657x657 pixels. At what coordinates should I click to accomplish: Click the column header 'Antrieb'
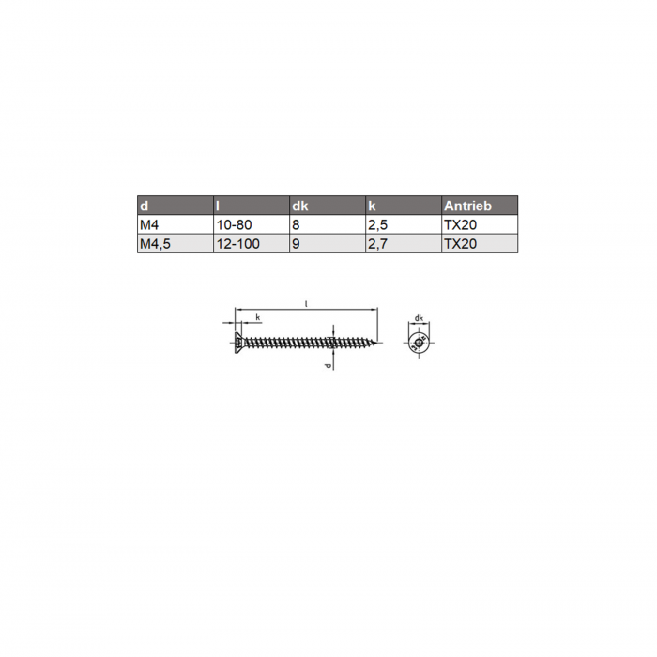tap(467, 206)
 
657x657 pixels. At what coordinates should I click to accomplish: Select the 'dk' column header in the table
tap(300, 206)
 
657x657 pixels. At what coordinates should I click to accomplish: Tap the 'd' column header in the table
tap(145, 206)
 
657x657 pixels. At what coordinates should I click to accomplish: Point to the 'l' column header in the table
tap(218, 206)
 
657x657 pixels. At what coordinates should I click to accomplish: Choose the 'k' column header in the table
tap(372, 206)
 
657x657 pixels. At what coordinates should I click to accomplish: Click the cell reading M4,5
tap(155, 244)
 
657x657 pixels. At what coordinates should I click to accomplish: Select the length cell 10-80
tap(234, 225)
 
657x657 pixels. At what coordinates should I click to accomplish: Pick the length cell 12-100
tap(238, 244)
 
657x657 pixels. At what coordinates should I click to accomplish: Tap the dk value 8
tap(296, 225)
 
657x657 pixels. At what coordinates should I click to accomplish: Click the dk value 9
tap(296, 244)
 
